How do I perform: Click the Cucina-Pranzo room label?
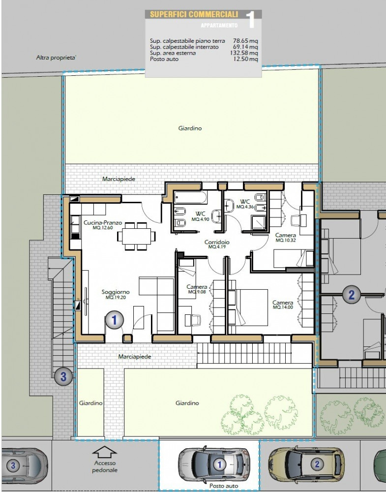(103, 223)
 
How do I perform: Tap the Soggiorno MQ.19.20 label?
(116, 294)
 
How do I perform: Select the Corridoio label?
(217, 242)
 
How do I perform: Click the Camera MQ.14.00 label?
(283, 305)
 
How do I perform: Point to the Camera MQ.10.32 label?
(285, 238)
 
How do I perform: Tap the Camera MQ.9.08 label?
(197, 289)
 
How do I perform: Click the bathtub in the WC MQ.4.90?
(190, 198)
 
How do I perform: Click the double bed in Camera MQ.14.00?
(248, 307)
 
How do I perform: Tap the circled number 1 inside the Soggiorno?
(114, 320)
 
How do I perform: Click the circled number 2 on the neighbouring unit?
(351, 295)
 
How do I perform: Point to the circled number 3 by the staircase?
(63, 376)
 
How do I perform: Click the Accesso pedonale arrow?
(104, 453)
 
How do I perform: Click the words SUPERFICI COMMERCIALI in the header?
(194, 14)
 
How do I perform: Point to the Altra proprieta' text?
(57, 58)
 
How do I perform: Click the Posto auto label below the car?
(224, 486)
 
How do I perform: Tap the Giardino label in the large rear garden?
(190, 128)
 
